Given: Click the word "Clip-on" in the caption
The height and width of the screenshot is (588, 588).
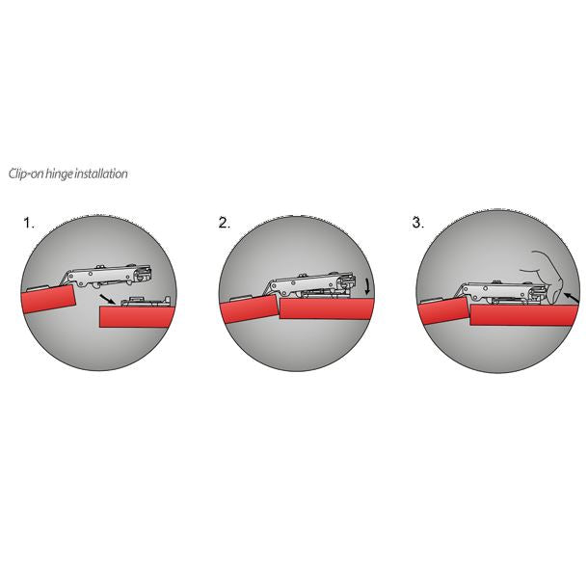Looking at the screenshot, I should click(x=25, y=174).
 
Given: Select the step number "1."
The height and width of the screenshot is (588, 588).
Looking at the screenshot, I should click(x=29, y=223).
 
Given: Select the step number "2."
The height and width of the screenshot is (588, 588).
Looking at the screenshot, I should click(x=224, y=223).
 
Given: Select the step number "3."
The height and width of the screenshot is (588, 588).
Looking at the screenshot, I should click(x=417, y=223).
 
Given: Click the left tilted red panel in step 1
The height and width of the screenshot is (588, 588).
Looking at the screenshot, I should click(x=48, y=299).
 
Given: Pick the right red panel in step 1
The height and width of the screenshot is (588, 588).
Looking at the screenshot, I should click(x=135, y=314).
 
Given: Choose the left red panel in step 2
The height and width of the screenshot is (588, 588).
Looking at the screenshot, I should click(x=248, y=311).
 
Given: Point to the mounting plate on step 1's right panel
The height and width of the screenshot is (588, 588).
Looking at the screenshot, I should click(x=145, y=301).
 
